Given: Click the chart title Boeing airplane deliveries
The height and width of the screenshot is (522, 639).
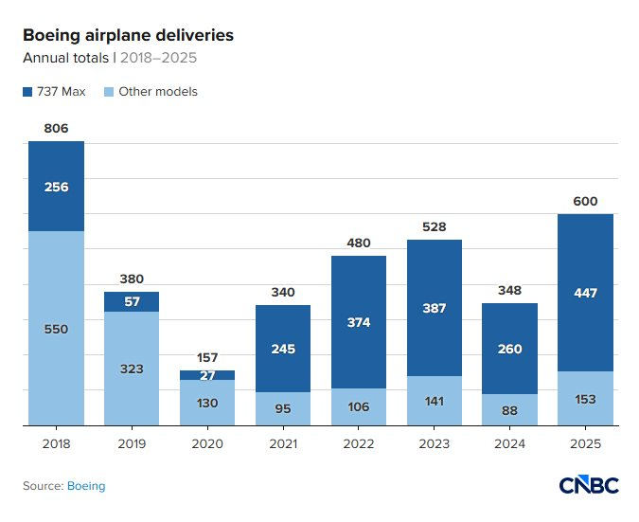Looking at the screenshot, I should [128, 36].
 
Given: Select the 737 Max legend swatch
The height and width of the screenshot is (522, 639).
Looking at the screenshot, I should [27, 92].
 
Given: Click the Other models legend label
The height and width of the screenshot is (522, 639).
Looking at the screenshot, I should [158, 92].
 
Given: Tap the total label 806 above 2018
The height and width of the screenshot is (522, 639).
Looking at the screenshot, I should [56, 128].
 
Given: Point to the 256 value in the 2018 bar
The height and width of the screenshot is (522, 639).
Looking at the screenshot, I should [56, 187].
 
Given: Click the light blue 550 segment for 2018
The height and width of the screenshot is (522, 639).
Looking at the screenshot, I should [56, 329].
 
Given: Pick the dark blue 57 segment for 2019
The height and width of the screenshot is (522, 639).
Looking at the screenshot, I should [132, 301].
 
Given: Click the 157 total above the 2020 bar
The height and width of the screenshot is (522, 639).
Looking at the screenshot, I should [207, 357].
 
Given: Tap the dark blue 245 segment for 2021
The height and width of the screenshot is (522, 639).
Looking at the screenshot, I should [283, 349].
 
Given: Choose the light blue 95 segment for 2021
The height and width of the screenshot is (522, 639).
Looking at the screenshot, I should [283, 409].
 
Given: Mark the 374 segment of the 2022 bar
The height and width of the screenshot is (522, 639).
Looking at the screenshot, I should [359, 322].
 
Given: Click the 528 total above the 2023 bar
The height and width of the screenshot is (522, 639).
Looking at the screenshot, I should [435, 226].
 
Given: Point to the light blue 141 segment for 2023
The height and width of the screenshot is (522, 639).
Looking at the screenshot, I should [435, 401].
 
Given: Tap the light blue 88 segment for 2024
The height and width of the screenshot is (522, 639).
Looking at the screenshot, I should [510, 410].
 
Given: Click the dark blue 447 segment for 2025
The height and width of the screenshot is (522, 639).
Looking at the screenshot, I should [586, 293].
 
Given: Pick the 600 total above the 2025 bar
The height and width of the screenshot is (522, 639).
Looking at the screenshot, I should [586, 201].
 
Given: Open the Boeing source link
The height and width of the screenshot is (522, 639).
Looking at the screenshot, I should [86, 486].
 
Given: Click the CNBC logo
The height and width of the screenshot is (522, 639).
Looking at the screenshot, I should [588, 485].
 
